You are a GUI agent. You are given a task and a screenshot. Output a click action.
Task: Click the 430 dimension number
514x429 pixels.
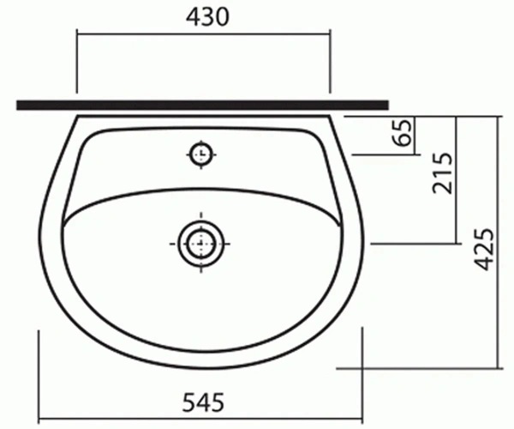207,17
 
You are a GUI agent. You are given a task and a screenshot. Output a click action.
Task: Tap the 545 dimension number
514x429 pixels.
203,402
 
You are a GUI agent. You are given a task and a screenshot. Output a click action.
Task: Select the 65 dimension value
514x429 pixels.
402,132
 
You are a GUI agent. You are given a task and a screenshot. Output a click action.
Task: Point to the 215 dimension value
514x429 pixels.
442,173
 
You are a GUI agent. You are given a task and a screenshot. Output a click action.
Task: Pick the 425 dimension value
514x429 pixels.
484,249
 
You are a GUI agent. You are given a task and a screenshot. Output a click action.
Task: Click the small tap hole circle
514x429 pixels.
201,154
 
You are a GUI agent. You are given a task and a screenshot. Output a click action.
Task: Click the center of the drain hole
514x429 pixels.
201,244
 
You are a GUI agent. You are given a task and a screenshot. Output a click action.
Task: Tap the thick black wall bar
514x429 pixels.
202,106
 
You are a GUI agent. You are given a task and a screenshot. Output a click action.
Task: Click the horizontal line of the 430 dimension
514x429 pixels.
204,33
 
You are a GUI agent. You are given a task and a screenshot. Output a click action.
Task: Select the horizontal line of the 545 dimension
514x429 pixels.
200,420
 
